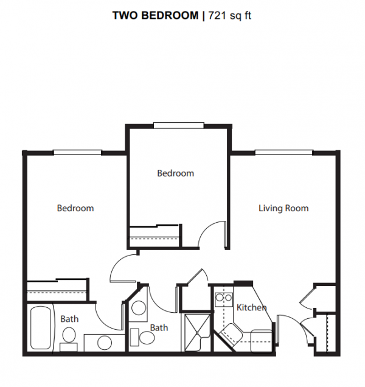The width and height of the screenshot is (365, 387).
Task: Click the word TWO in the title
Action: coord(126,16)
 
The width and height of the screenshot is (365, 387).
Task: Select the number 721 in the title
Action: coord(217,16)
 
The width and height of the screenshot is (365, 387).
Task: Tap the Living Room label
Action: coord(283,208)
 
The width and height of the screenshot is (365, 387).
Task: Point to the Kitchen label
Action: coord(251,307)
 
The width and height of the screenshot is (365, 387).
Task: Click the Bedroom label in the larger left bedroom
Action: coord(75,208)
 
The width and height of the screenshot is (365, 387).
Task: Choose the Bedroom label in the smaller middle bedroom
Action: coord(175,173)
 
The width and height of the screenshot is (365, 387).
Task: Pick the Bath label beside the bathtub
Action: coord(69,319)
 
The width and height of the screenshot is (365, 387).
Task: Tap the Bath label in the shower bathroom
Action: coord(159,328)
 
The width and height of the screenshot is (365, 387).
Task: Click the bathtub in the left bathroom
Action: coord(41,327)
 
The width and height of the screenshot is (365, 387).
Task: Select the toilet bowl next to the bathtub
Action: coord(69,335)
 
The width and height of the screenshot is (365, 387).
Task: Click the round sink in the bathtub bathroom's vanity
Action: coord(105,343)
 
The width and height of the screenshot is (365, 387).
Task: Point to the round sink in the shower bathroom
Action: coord(138,307)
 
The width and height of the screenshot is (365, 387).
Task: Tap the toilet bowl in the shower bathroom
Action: coord(147,338)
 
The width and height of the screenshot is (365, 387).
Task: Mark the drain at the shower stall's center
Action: coord(197,333)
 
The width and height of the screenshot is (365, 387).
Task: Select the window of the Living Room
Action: coord(284,152)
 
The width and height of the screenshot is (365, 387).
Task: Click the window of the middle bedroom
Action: coord(179,125)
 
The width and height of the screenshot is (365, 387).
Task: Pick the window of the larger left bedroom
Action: coord(77,152)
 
